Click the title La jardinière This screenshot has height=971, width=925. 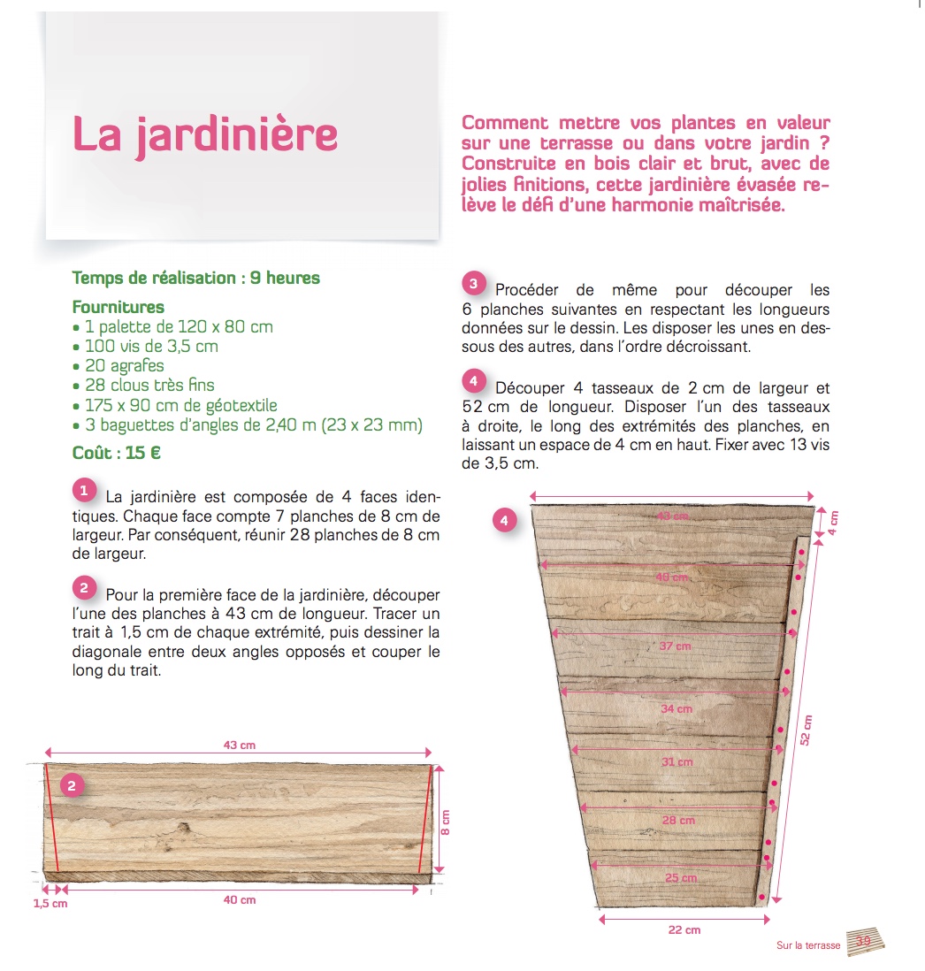[204, 134]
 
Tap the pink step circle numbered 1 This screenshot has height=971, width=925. [83, 489]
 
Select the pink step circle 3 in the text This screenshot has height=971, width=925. [473, 284]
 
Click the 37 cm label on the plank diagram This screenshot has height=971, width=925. [676, 646]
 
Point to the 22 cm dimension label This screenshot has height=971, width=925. [684, 929]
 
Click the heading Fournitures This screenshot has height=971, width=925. [118, 307]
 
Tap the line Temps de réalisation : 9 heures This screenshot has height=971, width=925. [195, 278]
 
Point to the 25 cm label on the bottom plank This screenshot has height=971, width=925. [681, 878]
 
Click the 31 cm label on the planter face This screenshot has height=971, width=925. [677, 761]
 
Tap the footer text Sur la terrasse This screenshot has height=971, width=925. [808, 945]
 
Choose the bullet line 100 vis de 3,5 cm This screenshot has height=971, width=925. [151, 346]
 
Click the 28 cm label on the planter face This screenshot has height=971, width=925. [679, 820]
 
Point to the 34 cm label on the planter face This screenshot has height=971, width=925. [677, 708]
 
